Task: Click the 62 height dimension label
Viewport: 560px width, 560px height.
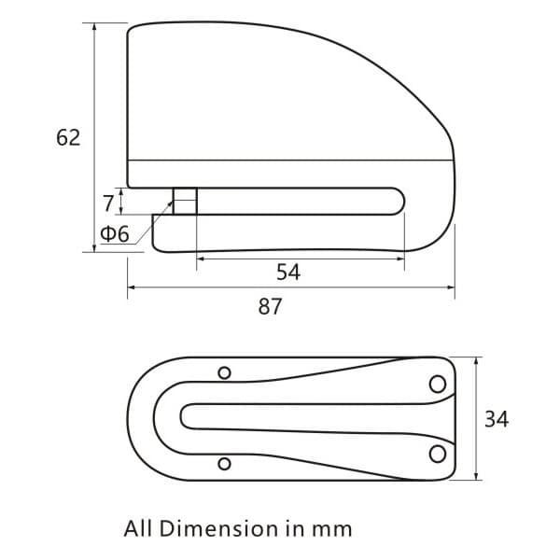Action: tap(68, 137)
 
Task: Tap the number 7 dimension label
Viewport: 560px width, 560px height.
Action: tap(108, 201)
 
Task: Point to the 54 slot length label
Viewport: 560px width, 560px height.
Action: tap(288, 272)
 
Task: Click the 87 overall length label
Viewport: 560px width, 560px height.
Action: tap(270, 306)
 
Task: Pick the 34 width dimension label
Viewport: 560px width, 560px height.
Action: tap(497, 419)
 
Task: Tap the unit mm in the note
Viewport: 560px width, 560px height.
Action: tap(332, 529)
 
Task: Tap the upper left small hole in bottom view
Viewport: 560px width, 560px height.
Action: tap(224, 373)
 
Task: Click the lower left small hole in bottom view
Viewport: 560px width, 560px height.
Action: tap(224, 463)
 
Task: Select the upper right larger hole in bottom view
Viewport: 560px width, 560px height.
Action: tap(437, 383)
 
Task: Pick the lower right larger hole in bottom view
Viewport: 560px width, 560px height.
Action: tap(437, 454)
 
